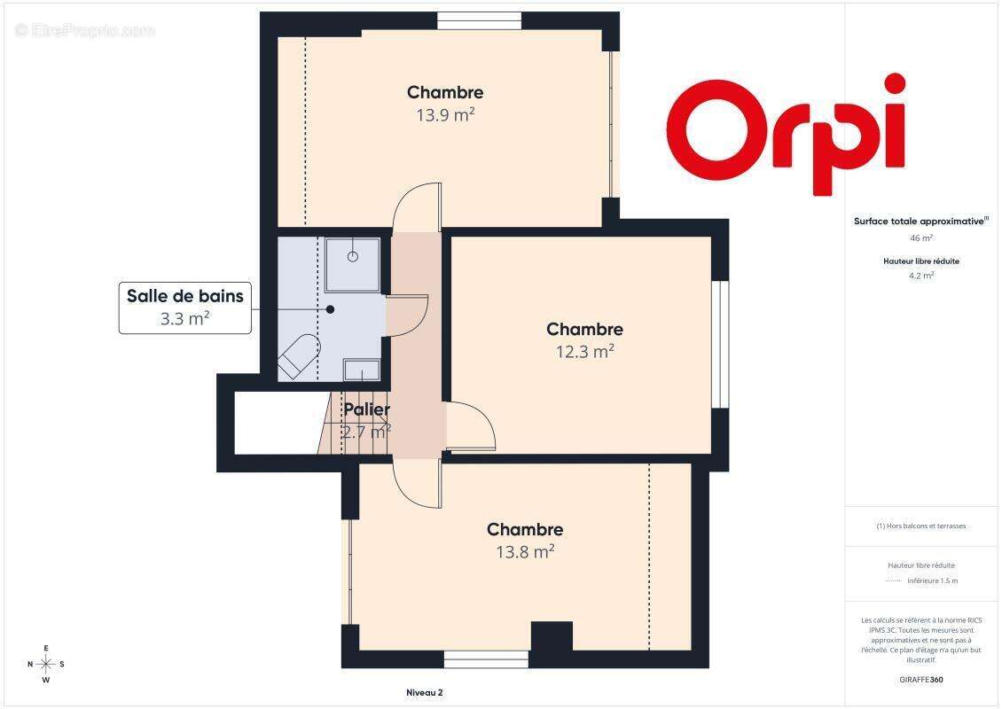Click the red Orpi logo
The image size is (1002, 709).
[x=786, y=134]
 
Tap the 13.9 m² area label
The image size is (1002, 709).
[x=445, y=115]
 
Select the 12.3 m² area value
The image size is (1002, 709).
[x=584, y=351]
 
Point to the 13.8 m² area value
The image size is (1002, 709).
[x=525, y=551]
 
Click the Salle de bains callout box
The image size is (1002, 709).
[x=185, y=308]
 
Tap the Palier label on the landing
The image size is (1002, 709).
[x=367, y=409]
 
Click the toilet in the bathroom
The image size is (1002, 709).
[x=299, y=356]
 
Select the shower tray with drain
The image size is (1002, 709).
[x=353, y=264]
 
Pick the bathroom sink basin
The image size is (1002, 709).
[x=362, y=370]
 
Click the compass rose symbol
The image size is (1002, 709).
[x=46, y=665]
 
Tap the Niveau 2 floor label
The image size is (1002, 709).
[x=425, y=692]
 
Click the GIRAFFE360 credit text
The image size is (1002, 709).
[x=920, y=680]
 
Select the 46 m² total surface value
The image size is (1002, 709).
[x=920, y=238]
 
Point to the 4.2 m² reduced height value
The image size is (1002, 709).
[x=920, y=276]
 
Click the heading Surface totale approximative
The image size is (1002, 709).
[x=920, y=222]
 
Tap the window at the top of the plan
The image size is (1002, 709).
[x=479, y=21]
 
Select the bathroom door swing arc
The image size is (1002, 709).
[x=407, y=316]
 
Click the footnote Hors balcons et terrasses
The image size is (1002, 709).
[x=920, y=526]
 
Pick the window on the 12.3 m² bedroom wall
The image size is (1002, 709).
[x=720, y=344]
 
